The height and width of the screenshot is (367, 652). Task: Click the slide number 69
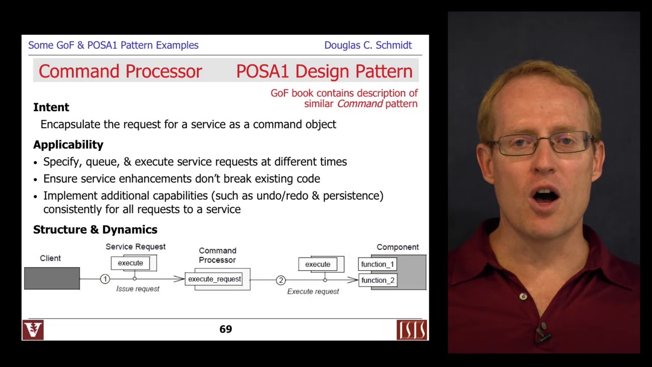click(x=226, y=329)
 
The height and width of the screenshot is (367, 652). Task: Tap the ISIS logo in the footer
click(x=412, y=330)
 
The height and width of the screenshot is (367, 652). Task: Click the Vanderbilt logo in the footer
click(x=33, y=330)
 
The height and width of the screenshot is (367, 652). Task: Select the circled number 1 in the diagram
click(x=105, y=279)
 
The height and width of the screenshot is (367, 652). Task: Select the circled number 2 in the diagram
click(x=281, y=280)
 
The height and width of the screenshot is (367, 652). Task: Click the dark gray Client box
click(x=52, y=278)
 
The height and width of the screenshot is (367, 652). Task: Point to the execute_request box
click(x=214, y=279)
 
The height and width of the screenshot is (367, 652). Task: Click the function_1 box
click(x=377, y=264)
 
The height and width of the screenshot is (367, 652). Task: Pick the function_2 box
click(x=377, y=280)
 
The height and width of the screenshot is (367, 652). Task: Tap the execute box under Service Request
click(x=130, y=263)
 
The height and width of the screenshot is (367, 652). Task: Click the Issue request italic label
click(x=138, y=289)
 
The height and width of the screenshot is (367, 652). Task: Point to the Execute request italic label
click(x=313, y=292)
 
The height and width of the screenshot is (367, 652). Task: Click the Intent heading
click(x=51, y=108)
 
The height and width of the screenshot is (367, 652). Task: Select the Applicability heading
click(x=68, y=145)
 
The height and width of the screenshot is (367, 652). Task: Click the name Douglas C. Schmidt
click(x=368, y=45)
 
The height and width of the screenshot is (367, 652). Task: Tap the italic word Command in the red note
click(x=360, y=104)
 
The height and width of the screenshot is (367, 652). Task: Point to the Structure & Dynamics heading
click(x=95, y=230)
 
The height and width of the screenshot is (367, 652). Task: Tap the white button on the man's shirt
click(x=523, y=297)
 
